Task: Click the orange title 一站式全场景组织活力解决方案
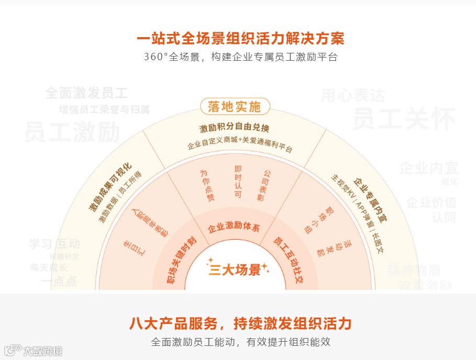(x=240, y=39)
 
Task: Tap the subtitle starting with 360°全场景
(x=240, y=57)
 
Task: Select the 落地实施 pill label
(x=235, y=107)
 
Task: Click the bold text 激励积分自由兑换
(x=234, y=129)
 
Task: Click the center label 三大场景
(x=235, y=270)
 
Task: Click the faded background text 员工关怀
(x=403, y=119)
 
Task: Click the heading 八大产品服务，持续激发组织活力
(x=240, y=323)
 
